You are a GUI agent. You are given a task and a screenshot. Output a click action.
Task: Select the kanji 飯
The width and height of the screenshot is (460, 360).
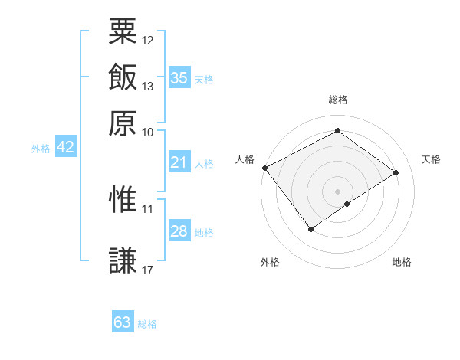pos(123,77)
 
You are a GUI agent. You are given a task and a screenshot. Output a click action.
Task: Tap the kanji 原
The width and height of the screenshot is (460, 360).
pos(123,123)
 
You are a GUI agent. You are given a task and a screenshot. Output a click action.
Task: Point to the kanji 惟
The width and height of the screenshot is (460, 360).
pos(123,200)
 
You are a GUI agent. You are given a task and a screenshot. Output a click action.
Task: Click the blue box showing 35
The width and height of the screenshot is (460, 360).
pos(179,78)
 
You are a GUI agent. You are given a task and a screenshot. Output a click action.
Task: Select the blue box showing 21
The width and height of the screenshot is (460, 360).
pos(179,162)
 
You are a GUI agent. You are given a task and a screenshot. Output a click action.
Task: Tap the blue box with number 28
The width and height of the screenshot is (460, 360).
pos(179,231)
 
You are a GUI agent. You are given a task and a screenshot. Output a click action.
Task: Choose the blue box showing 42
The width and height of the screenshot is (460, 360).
pos(65,148)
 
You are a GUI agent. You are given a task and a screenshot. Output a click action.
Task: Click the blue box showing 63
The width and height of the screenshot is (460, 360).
pos(123,322)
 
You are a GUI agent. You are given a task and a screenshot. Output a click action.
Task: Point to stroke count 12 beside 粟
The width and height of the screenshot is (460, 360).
pos(148,40)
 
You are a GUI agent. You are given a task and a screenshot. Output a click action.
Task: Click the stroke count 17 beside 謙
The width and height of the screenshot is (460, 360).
pos(148,270)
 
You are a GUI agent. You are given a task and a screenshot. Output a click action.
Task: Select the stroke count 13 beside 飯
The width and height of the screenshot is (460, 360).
pos(148,86)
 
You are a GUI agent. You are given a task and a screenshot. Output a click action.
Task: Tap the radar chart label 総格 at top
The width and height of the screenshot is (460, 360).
pos(338,100)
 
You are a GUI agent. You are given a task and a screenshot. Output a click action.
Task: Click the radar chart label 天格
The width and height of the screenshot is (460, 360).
pos(431,159)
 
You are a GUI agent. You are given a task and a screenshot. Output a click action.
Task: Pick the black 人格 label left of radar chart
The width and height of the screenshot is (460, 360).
pos(245,159)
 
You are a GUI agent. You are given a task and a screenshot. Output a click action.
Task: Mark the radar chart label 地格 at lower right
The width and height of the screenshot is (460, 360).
pos(402,263)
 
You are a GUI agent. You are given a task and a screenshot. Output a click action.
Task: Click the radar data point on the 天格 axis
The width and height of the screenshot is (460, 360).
pos(396,172)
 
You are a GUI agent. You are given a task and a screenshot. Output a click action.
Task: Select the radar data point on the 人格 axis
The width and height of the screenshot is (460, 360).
pos(264,168)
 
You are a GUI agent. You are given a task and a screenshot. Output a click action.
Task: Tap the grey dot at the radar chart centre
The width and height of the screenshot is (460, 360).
pos(338,191)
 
